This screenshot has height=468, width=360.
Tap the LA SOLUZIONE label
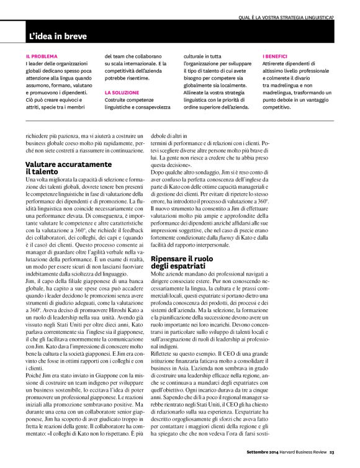tap(121, 92)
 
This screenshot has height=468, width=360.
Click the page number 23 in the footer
tap(332, 461)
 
